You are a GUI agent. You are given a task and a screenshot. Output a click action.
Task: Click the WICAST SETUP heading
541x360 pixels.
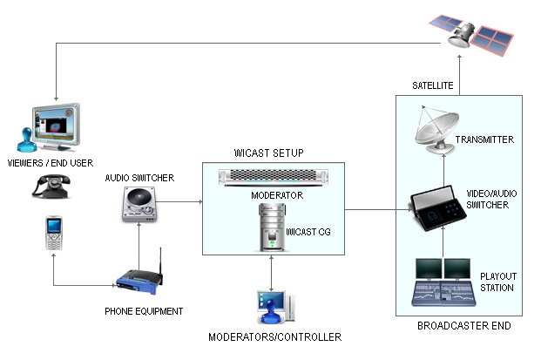pyautogui.click(x=268, y=153)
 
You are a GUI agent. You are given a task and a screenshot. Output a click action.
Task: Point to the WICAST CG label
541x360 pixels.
pyautogui.click(x=310, y=234)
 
